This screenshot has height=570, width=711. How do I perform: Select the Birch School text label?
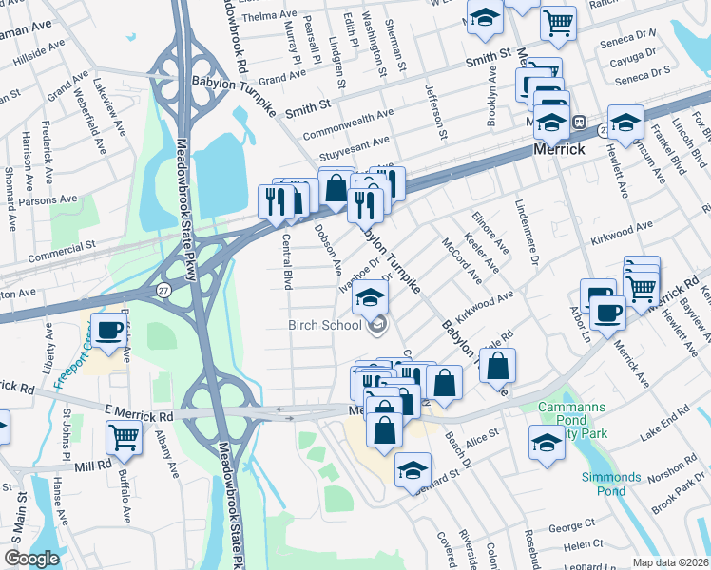pos(325,326)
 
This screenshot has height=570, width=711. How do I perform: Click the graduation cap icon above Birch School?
pos(371,299)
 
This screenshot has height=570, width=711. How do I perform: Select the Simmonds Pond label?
pos(611,484)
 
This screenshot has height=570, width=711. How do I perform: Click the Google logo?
pos(31,559)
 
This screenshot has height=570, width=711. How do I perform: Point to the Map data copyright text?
pos(670,562)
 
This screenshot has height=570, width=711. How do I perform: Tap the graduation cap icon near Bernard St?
pos(413,470)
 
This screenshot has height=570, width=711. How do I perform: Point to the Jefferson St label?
pos(436,112)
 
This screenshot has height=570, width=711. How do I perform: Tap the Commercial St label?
pos(63,252)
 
